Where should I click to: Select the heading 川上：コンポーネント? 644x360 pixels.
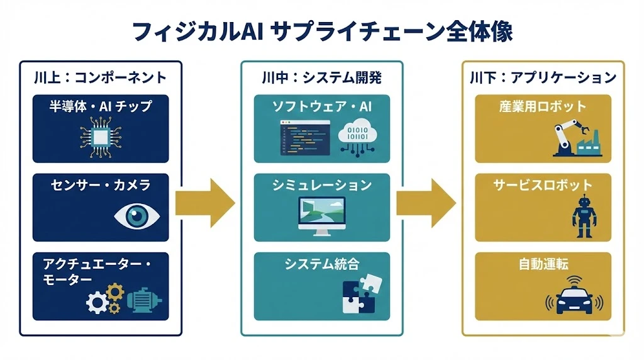pos(101,77)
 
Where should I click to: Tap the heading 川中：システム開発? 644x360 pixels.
pos(321,77)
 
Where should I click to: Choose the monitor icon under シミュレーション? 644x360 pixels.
pos(321,216)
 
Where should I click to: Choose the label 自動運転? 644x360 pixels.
pos(543,264)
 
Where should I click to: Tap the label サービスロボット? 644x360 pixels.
pos(543,185)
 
